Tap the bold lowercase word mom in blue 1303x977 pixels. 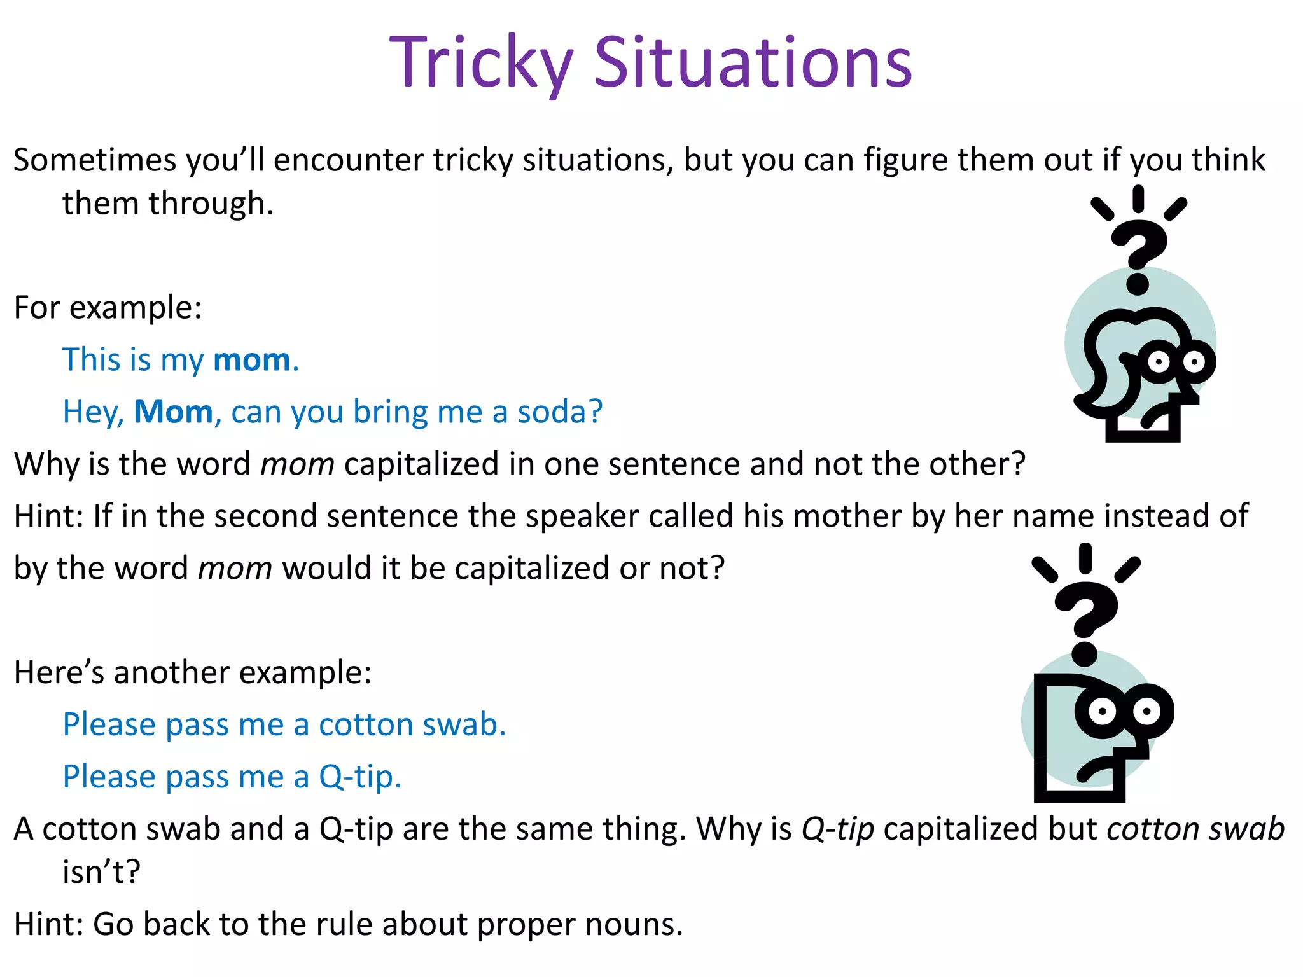point(252,360)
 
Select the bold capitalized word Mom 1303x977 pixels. point(173,412)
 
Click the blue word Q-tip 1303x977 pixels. point(359,777)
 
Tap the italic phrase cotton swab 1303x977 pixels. point(1195,829)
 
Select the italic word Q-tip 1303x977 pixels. point(837,829)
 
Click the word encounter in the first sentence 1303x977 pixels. point(349,160)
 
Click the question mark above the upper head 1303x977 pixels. point(1138,254)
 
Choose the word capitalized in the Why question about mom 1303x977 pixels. point(421,464)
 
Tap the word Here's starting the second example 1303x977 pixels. point(59,673)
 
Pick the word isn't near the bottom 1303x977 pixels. point(101,872)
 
